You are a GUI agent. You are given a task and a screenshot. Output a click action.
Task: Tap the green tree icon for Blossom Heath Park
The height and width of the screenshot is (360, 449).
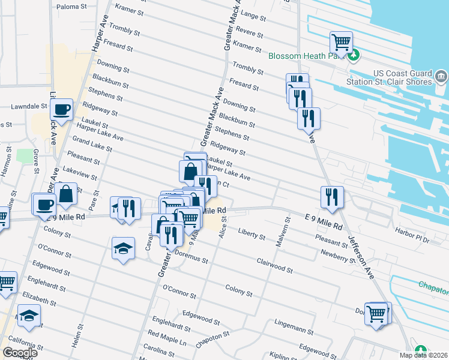[x=354, y=55]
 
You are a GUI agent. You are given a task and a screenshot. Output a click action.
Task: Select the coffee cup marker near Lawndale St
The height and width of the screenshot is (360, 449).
[x=61, y=110]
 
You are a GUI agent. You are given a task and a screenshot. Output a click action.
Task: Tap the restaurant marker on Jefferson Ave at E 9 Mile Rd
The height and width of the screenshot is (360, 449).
[x=331, y=196]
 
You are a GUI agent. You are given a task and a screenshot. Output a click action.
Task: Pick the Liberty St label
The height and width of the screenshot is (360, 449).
[x=252, y=233]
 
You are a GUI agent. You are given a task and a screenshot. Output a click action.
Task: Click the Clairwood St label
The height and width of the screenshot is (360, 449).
[x=274, y=266]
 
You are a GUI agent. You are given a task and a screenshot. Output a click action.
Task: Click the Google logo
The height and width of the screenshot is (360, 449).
[x=20, y=353]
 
